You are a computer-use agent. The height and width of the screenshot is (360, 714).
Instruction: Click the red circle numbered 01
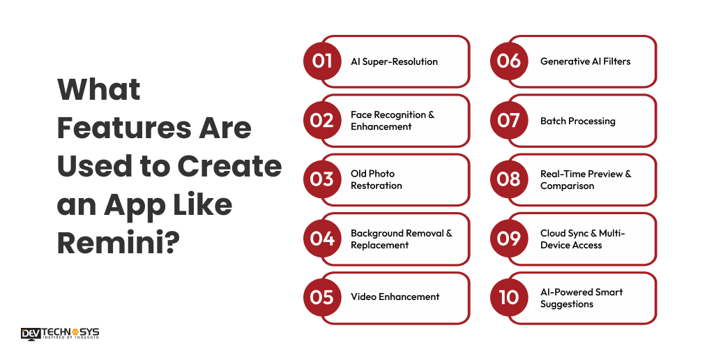(322, 61)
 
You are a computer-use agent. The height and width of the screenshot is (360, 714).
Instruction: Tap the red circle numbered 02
(322, 121)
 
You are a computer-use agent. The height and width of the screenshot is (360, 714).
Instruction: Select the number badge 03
(322, 179)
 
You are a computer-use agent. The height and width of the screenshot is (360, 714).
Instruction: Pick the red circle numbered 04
(322, 239)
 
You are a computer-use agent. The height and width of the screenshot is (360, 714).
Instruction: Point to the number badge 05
(322, 297)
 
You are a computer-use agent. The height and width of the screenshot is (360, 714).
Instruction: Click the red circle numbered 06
(509, 61)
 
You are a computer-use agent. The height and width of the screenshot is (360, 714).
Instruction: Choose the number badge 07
(509, 121)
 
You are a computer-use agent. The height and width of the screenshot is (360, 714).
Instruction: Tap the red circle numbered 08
(509, 179)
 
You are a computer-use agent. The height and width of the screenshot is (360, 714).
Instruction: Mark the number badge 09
(509, 239)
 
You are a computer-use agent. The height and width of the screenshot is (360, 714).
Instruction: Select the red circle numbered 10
(509, 297)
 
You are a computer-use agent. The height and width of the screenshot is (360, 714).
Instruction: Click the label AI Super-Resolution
(394, 61)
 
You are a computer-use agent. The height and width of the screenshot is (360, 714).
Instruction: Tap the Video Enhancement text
(395, 297)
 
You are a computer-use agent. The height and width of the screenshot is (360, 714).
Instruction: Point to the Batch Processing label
(577, 121)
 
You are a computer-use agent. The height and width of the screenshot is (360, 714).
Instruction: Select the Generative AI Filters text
(585, 61)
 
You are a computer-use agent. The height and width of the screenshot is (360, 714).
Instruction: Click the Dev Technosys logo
(60, 333)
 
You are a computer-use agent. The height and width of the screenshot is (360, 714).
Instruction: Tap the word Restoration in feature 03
(376, 186)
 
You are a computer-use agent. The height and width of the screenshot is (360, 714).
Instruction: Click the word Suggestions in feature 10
(566, 304)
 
